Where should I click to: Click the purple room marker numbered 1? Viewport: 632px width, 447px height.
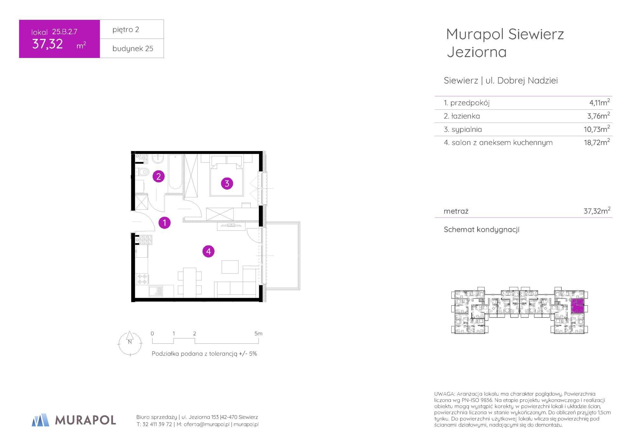165,223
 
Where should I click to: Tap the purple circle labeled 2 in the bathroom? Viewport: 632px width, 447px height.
158,176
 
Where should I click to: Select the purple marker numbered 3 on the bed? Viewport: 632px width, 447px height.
227,183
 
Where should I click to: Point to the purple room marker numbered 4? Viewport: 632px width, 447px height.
208,251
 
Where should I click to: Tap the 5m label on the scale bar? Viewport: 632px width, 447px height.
258,334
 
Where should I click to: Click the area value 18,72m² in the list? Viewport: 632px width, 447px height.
597,142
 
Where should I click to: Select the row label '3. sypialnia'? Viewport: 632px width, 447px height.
463,129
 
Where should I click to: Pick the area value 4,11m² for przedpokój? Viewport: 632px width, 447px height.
599,102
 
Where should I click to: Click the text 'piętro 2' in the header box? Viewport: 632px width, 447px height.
126,29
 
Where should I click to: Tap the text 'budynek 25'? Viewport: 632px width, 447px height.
133,49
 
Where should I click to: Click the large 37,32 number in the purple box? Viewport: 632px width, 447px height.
48,44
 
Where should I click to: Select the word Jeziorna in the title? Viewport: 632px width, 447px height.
477,52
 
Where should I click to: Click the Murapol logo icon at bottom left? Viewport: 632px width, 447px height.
40,420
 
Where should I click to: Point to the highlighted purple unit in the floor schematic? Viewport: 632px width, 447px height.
577,306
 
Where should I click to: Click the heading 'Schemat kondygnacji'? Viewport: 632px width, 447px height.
481,229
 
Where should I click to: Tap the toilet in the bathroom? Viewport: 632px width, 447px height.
143,172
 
